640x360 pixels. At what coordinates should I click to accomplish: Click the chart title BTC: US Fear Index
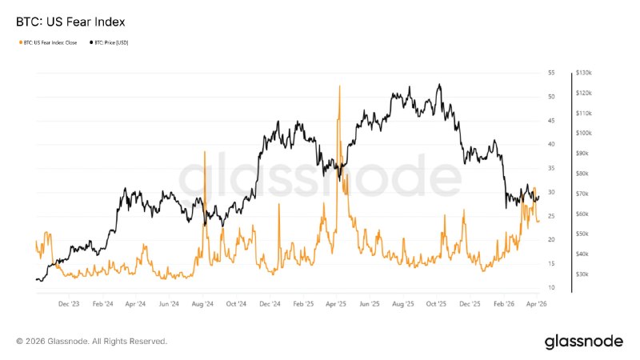pos(70,20)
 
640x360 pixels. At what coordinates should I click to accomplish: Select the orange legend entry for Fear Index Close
pos(49,42)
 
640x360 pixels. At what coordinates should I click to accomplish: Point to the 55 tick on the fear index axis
pos(551,73)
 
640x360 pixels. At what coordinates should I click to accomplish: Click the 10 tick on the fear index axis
pos(551,287)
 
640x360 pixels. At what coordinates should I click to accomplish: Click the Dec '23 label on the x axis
pos(70,304)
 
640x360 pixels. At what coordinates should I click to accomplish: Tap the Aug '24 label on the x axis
pos(203,304)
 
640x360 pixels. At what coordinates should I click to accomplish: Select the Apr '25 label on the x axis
pos(336,304)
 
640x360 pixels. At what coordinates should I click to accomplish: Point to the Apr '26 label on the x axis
pos(537,304)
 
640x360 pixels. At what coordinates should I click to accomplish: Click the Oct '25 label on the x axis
pos(437,304)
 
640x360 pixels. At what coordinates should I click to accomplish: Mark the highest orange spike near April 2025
pos(340,86)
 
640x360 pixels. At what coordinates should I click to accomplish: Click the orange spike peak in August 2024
pos(206,152)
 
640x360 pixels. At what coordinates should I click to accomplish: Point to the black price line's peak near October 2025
pos(439,84)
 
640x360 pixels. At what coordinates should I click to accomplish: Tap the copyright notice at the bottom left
pos(91,342)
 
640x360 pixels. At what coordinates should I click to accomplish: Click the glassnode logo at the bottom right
pos(583,342)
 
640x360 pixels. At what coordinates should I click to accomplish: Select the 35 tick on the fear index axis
pos(551,168)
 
